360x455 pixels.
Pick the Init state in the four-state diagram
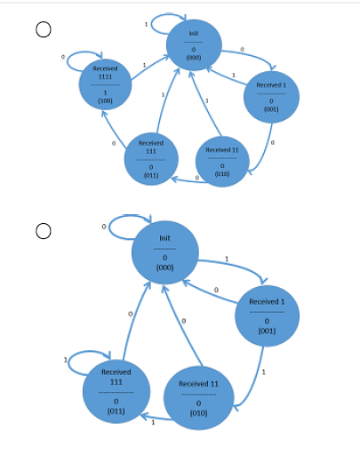164,253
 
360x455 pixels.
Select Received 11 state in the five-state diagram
222,158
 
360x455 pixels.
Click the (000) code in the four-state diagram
164,267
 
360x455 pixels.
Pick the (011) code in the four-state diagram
116,411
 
